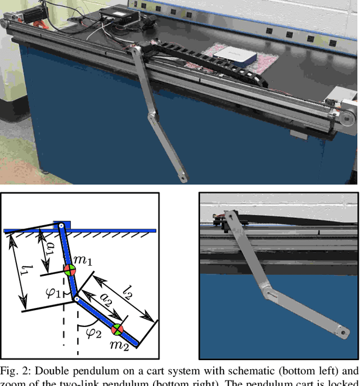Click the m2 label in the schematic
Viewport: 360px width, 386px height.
click(119, 344)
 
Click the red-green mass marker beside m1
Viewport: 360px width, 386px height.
click(69, 270)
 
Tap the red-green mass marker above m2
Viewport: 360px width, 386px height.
click(116, 329)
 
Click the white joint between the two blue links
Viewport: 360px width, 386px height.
click(77, 299)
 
